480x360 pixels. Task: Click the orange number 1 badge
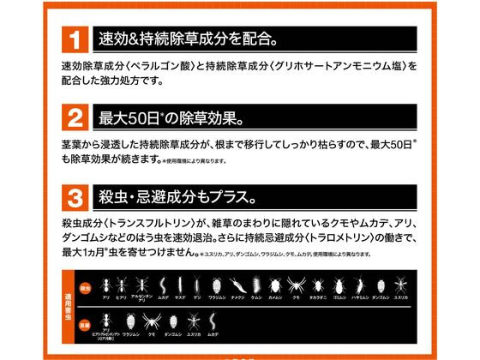tap(75, 40)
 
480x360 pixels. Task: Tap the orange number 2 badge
tap(75, 115)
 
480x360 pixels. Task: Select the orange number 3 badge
tap(75, 191)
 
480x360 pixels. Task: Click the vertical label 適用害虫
tap(68, 304)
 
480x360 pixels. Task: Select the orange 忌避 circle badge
tap(84, 325)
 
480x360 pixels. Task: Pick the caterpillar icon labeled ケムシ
tap(255, 285)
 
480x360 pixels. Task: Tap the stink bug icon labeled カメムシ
tap(276, 285)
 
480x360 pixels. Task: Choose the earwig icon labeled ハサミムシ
tap(359, 285)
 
